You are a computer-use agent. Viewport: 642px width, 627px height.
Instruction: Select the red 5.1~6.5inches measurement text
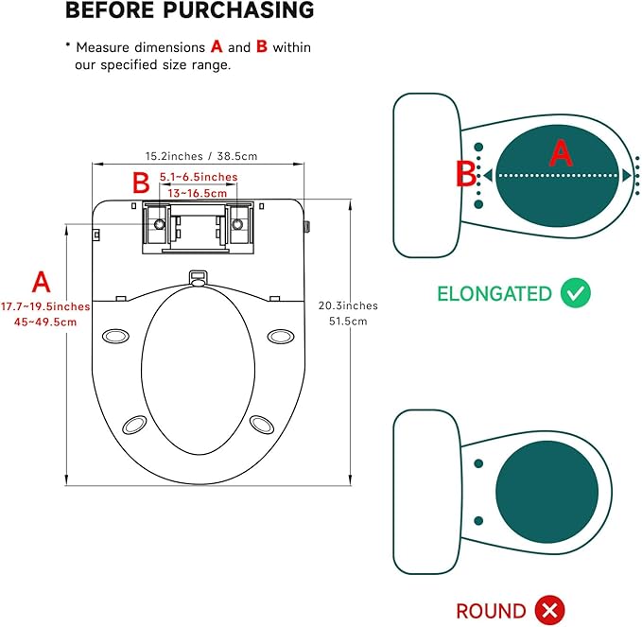point(199,177)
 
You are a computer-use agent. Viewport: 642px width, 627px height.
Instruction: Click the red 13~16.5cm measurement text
point(199,193)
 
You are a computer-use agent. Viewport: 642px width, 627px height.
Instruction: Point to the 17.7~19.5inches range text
point(45,306)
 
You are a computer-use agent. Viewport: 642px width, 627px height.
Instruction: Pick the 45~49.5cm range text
point(45,322)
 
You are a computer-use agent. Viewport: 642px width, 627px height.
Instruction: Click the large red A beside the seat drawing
point(42,281)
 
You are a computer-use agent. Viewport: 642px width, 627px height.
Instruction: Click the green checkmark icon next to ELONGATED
point(575,292)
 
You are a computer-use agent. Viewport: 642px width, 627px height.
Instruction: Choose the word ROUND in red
point(491,611)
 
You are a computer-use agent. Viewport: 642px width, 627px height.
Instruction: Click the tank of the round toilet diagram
point(423,493)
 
